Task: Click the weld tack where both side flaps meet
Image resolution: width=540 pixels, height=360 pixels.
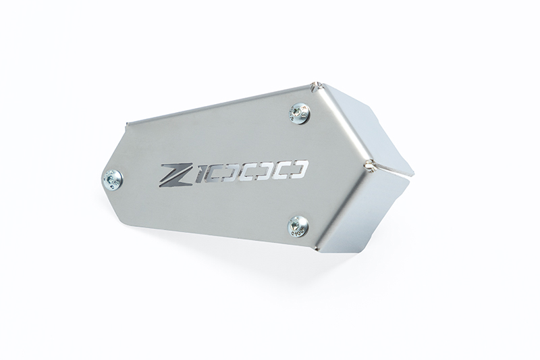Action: (x=369, y=164)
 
